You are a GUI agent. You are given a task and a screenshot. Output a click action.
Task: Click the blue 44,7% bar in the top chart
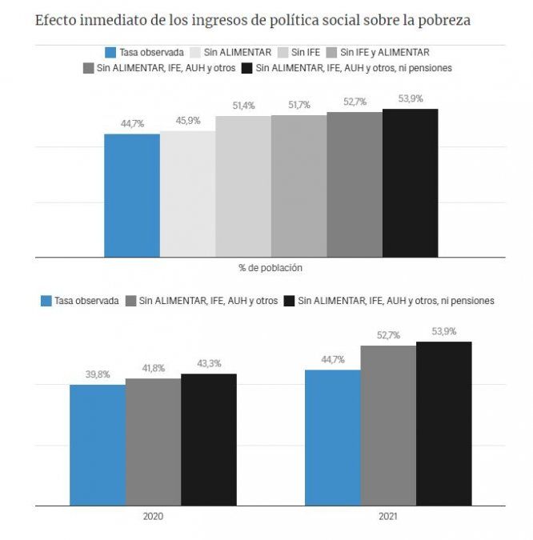[x=132, y=195]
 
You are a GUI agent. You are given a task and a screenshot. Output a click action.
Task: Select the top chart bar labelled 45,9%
[x=187, y=194]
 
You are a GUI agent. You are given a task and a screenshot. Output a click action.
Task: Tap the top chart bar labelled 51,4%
[x=243, y=186]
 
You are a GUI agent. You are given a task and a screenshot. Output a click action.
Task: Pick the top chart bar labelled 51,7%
[x=299, y=186]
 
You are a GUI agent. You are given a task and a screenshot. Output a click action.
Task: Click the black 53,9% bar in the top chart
[x=410, y=182]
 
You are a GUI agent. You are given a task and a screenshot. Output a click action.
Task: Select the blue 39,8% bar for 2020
[x=97, y=445]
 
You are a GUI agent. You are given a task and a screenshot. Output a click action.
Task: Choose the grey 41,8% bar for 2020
[x=153, y=442]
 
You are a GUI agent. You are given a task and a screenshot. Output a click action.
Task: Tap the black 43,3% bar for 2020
[x=208, y=439]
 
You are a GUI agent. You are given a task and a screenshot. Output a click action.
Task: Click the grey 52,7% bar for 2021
[x=388, y=425]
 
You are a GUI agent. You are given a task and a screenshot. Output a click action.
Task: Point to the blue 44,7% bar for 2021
[x=332, y=437]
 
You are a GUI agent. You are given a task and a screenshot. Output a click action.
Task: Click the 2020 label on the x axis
[x=153, y=517]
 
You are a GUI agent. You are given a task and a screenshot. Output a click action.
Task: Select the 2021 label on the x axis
[x=388, y=517]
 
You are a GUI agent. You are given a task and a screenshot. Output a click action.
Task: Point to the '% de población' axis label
[x=271, y=268]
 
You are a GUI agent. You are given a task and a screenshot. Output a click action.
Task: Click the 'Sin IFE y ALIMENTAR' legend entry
[x=383, y=52]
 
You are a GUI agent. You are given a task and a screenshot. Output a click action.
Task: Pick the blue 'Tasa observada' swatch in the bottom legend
[x=46, y=301]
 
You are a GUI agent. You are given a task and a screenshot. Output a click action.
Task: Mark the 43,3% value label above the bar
[x=208, y=364]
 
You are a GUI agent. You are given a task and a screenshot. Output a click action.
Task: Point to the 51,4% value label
[x=243, y=106]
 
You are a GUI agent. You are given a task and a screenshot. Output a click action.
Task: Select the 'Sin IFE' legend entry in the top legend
[x=296, y=52]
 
